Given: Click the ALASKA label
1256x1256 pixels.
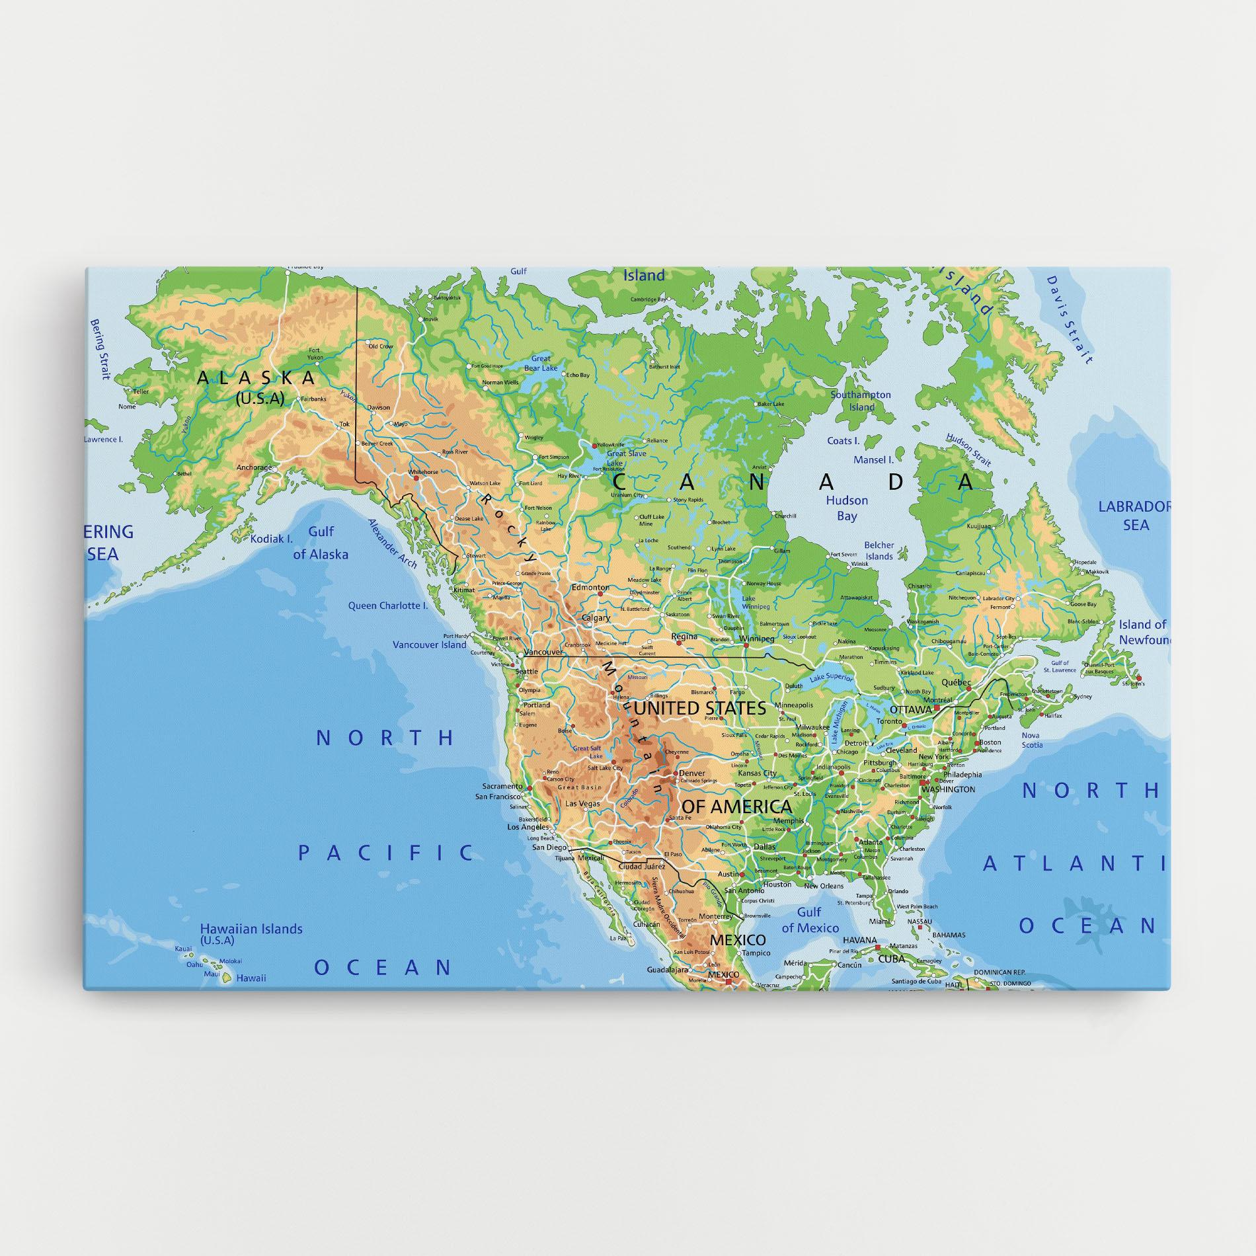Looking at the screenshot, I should point(256,378).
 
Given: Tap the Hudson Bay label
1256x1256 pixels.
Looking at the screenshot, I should point(847,508).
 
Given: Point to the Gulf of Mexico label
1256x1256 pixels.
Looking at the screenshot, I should point(810,920).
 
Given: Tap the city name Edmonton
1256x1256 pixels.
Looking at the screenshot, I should point(590,587).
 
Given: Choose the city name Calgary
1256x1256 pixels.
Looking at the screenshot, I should point(595,619).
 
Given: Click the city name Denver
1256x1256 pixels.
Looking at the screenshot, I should point(691,773).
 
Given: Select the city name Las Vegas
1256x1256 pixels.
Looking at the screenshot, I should point(583,804).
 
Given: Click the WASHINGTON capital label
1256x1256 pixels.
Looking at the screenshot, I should point(948,789).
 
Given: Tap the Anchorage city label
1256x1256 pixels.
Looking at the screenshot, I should point(254,467).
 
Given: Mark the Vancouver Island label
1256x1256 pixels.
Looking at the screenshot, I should point(429,645).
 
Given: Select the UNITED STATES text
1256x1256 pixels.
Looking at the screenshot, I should point(700,709).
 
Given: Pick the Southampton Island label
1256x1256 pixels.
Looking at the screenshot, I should point(861,401).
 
